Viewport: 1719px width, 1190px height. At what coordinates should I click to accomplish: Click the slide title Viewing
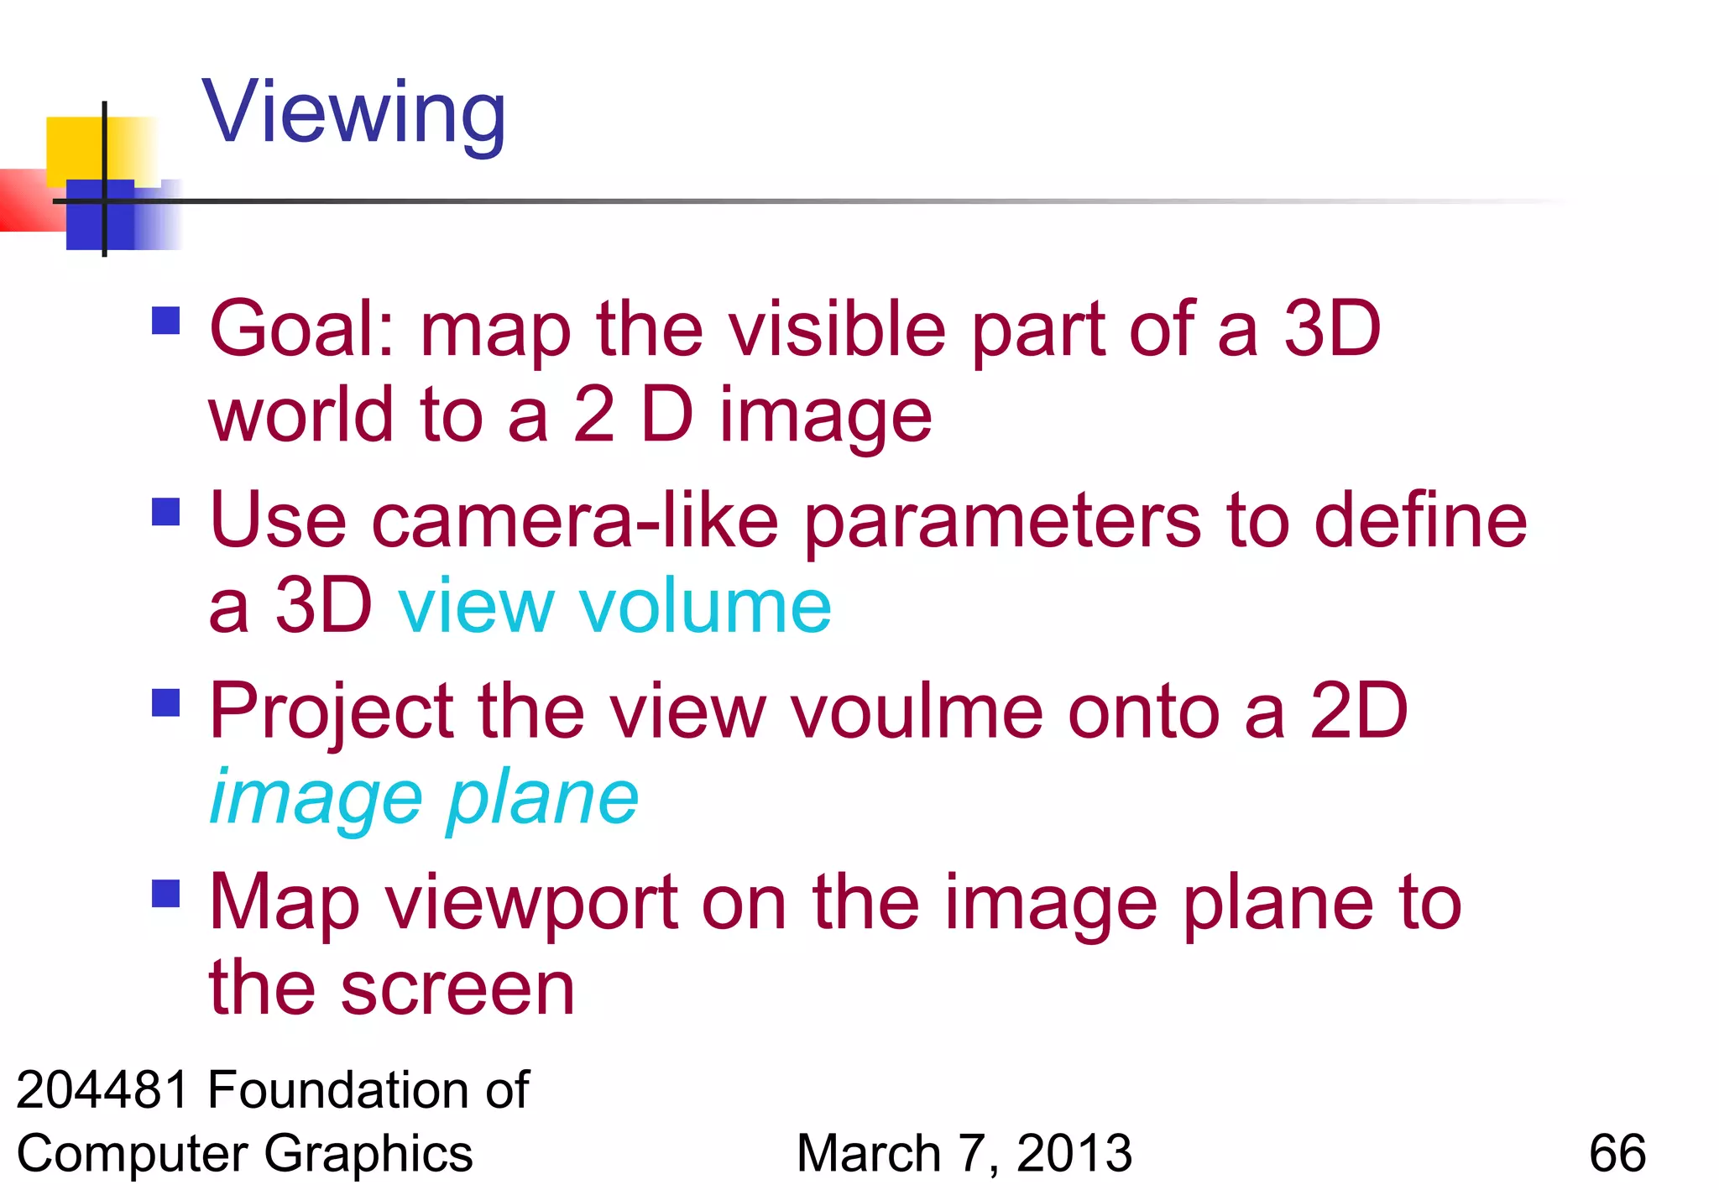pyautogui.click(x=353, y=113)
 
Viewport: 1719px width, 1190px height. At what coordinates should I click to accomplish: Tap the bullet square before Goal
pyautogui.click(x=166, y=321)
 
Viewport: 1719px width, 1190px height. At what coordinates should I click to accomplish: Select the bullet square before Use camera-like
pyautogui.click(x=166, y=512)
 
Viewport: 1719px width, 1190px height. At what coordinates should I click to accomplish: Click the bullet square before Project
pyautogui.click(x=166, y=703)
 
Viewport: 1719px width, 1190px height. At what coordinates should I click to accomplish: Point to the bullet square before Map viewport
pyautogui.click(x=166, y=894)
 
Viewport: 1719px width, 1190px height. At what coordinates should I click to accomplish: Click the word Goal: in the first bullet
pyautogui.click(x=302, y=329)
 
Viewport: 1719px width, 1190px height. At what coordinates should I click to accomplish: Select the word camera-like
pyautogui.click(x=575, y=521)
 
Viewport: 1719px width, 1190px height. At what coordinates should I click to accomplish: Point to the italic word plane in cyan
pyautogui.click(x=542, y=799)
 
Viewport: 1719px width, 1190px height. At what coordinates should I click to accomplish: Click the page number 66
pyautogui.click(x=1617, y=1153)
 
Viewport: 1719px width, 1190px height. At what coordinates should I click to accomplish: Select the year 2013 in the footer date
pyautogui.click(x=1074, y=1153)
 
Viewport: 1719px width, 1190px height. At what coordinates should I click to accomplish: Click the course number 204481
pyautogui.click(x=102, y=1090)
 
